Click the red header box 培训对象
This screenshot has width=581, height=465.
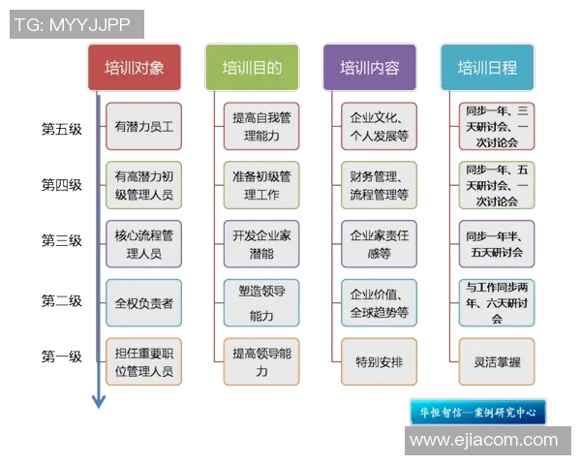click(140, 68)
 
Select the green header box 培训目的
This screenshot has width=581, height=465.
click(253, 68)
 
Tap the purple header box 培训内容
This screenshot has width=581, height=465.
click(370, 68)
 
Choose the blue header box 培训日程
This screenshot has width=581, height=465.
click(487, 68)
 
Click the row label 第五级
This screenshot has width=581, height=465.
click(62, 128)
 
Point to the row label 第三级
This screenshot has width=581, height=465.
click(62, 240)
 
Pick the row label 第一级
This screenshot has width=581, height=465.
click(62, 356)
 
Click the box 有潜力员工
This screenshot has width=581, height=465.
click(144, 127)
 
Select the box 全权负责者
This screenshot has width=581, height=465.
click(144, 303)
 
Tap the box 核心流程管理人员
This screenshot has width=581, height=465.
click(144, 244)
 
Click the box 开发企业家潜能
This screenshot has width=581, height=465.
click(261, 244)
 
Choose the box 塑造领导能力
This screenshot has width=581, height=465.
click(261, 303)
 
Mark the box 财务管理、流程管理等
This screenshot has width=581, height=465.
click(380, 185)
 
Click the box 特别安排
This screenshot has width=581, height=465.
click(380, 362)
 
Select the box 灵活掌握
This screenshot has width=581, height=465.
click(497, 362)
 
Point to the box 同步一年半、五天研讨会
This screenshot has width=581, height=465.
click(497, 244)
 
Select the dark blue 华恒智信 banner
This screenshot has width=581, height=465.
click(478, 412)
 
